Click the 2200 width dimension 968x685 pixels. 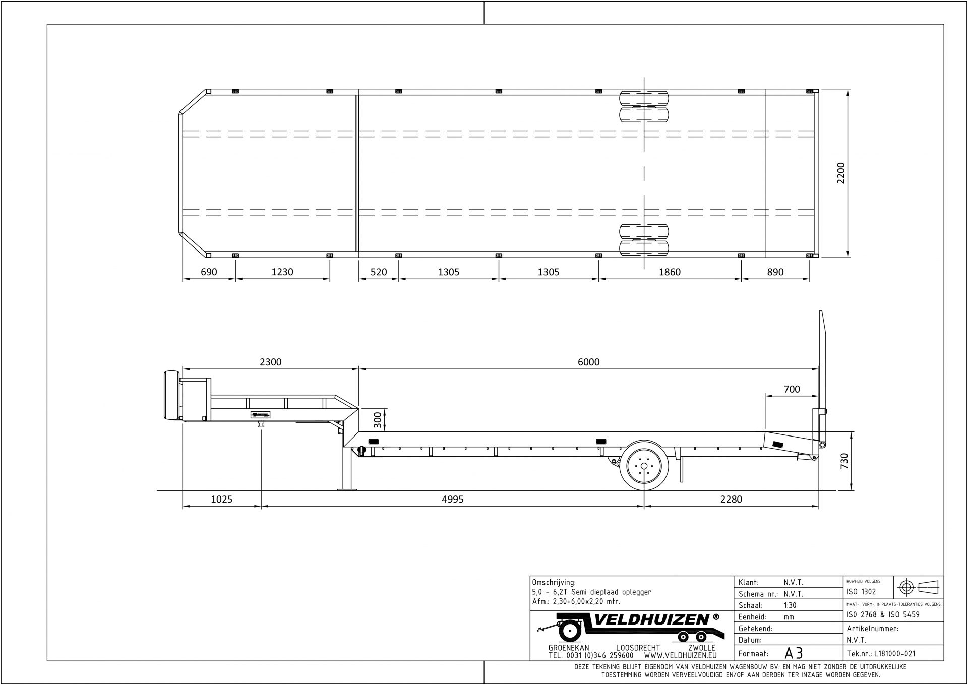pos(841,173)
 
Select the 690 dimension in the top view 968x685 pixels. pos(209,272)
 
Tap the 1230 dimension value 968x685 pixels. pos(282,272)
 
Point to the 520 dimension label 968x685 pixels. pos(379,272)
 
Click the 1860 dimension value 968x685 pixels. pos(670,272)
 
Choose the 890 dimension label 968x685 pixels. pos(775,272)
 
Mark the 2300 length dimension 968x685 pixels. pos(270,362)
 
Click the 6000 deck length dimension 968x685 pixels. pos(588,362)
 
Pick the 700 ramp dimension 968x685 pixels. pos(792,389)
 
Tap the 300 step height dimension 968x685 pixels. pos(377,420)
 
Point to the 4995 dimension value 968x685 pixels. pos(452,500)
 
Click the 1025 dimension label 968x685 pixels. pos(221,500)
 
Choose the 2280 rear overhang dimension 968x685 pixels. pos(731,500)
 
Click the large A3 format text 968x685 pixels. pos(794,653)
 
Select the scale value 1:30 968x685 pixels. pos(790,605)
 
